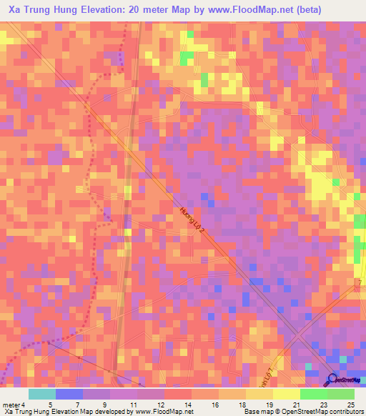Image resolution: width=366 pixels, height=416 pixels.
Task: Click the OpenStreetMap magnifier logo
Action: tap(334, 380)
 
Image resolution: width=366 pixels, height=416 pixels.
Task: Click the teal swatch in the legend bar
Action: tap(42, 394)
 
